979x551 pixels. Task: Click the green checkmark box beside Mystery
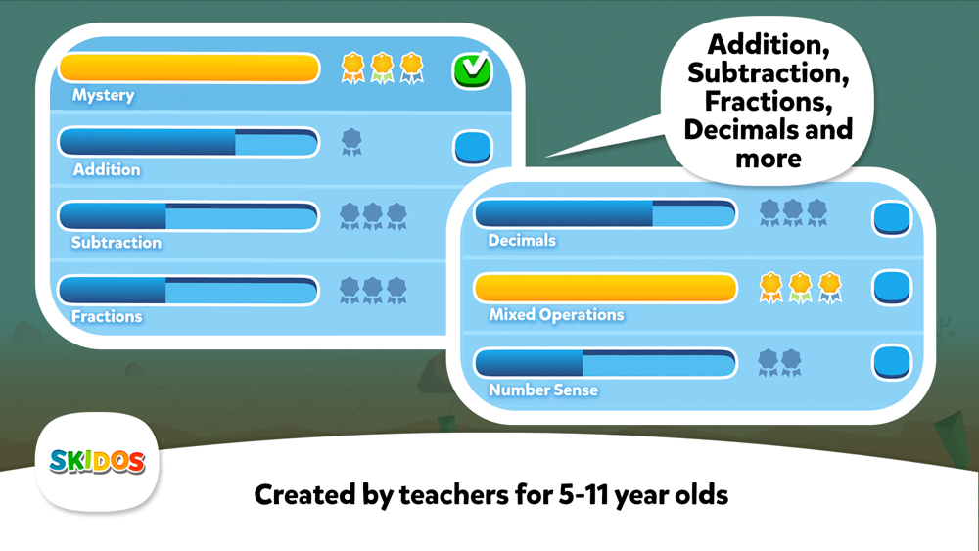click(x=472, y=70)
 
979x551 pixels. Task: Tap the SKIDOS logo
click(x=97, y=462)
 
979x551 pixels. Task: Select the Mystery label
click(x=103, y=95)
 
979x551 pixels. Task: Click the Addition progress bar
click(x=189, y=142)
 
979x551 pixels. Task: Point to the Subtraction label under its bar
click(x=117, y=242)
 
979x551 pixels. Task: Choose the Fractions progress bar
click(x=189, y=290)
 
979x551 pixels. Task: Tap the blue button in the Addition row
click(x=473, y=147)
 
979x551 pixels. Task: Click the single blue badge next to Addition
click(x=351, y=142)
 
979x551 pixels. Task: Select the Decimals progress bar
click(x=606, y=213)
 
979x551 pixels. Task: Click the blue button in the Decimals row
click(x=892, y=219)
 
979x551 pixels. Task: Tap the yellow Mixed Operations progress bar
click(x=606, y=288)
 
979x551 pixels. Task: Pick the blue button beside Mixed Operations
click(x=892, y=288)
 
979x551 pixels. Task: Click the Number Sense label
click(x=543, y=390)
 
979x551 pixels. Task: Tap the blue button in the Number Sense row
click(x=892, y=362)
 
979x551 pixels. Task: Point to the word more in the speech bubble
click(x=768, y=159)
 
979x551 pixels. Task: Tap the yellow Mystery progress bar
click(x=189, y=68)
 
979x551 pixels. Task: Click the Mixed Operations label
click(x=556, y=315)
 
